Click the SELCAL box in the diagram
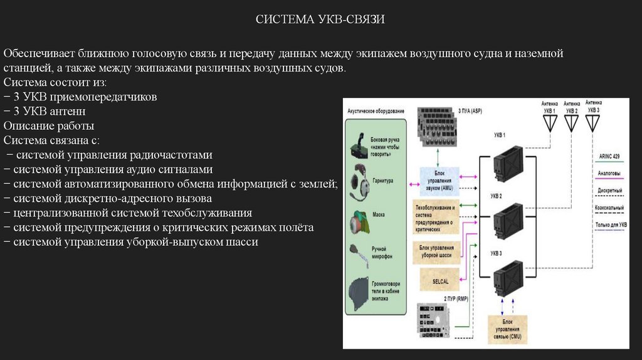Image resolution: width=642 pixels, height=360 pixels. click(x=436, y=280)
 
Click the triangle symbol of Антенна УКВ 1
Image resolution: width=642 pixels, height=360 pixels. click(x=550, y=123)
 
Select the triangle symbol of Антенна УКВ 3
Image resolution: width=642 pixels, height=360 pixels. click(x=592, y=122)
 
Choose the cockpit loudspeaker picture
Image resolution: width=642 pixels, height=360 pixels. click(x=360, y=293)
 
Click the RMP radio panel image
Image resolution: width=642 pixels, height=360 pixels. click(x=433, y=320)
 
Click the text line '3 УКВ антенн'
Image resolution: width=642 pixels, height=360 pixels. click(x=45, y=111)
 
